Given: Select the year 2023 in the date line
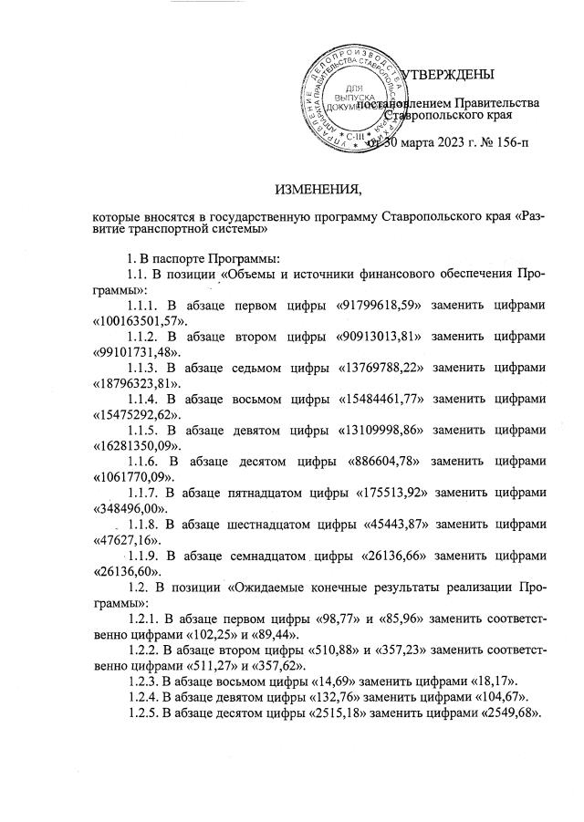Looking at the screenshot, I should [x=443, y=144].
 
